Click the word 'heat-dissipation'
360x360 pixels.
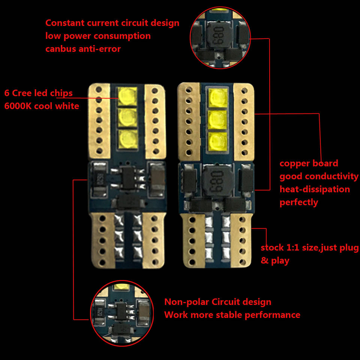pyautogui.click(x=315, y=189)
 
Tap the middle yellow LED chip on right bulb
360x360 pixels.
pyautogui.click(x=218, y=120)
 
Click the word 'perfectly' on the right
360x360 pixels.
pyautogui.click(x=298, y=202)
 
